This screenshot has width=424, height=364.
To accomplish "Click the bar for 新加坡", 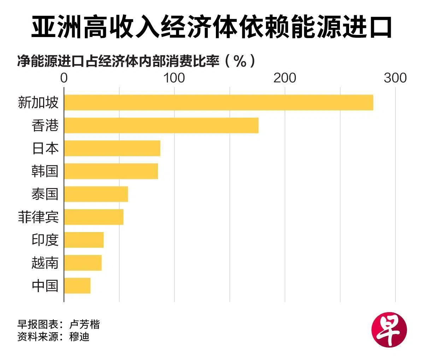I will coord(218,102).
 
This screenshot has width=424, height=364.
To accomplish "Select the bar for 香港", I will coord(161,125).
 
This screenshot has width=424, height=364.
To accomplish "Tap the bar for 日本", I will coord(112,148).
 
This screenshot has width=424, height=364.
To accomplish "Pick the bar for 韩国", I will coord(111,171).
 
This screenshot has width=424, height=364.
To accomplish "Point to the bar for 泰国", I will coord(96,194).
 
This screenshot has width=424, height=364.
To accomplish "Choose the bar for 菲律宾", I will coord(94,217).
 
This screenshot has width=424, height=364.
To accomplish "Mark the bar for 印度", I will coord(84,240).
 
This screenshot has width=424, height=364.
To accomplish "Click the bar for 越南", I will coord(83,263).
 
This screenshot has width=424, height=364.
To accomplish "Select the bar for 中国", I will coord(77,286).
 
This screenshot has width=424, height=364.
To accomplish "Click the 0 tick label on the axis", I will coord(64,78).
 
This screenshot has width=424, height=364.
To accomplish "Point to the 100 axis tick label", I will coord(174,78).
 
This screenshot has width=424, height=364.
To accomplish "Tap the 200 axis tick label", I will coord(285,78).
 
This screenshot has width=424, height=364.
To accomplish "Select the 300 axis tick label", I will coord(395,78).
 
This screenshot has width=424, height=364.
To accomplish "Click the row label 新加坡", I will coord(38,103).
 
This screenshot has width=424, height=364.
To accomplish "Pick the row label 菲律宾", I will coord(38,217).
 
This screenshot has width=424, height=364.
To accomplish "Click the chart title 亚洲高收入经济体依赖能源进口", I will coord(211,26).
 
